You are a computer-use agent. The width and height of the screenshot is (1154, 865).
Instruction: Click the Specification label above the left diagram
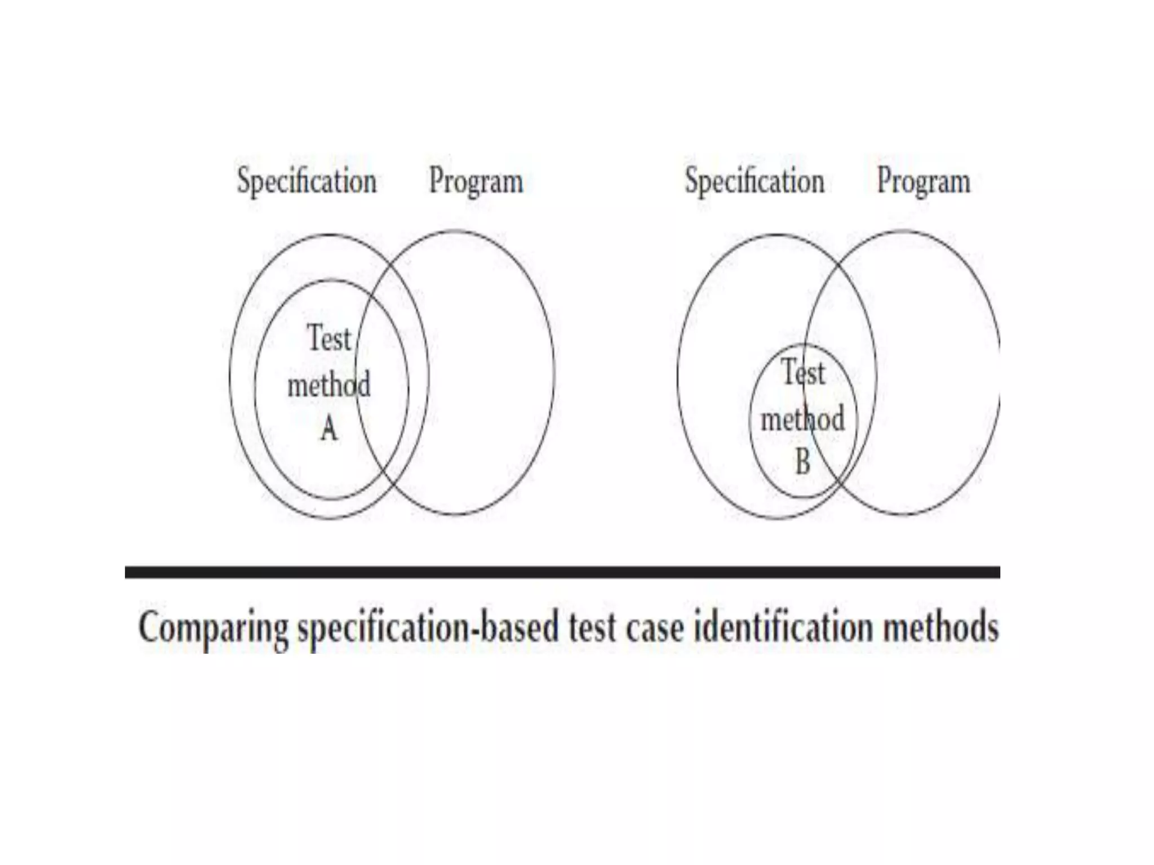point(307,181)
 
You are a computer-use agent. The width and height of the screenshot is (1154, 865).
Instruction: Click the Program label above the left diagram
point(476,181)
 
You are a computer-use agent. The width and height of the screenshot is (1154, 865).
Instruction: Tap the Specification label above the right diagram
point(754,181)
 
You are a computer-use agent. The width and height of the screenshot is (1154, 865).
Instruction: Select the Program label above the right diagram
point(924,181)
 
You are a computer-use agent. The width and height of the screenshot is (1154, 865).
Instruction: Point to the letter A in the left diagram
point(329,430)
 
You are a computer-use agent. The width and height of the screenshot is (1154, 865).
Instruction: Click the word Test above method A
point(329,339)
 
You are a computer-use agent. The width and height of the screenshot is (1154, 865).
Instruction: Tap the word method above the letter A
point(329,385)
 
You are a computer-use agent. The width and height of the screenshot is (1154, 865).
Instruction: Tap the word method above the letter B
point(802,419)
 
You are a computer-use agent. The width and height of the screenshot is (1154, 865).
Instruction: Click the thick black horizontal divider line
point(562,572)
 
